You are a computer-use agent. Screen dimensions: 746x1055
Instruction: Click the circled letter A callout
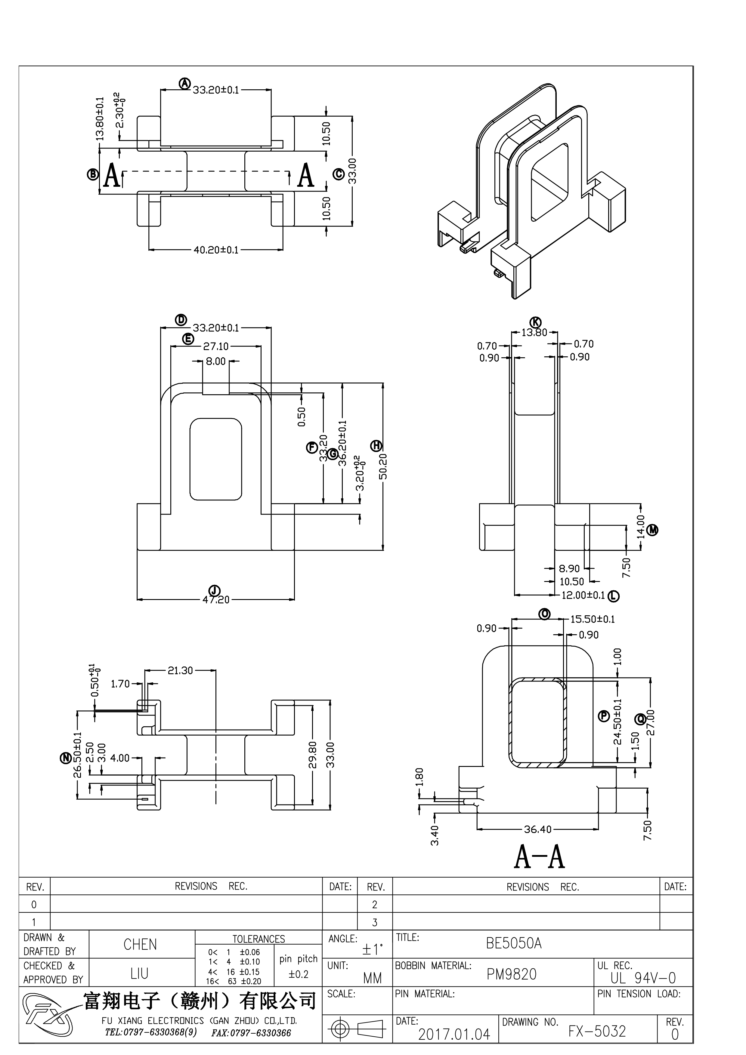(x=184, y=84)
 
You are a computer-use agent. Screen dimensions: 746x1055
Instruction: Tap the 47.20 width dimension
(x=216, y=600)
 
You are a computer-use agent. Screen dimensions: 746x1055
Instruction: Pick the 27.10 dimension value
(x=216, y=346)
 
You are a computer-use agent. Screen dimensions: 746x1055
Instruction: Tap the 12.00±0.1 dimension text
(x=583, y=595)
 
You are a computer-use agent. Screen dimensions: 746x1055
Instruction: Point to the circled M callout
(x=653, y=531)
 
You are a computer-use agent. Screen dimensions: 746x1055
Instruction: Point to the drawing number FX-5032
(x=597, y=1032)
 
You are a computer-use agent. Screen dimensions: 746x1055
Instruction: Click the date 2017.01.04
(x=454, y=1035)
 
